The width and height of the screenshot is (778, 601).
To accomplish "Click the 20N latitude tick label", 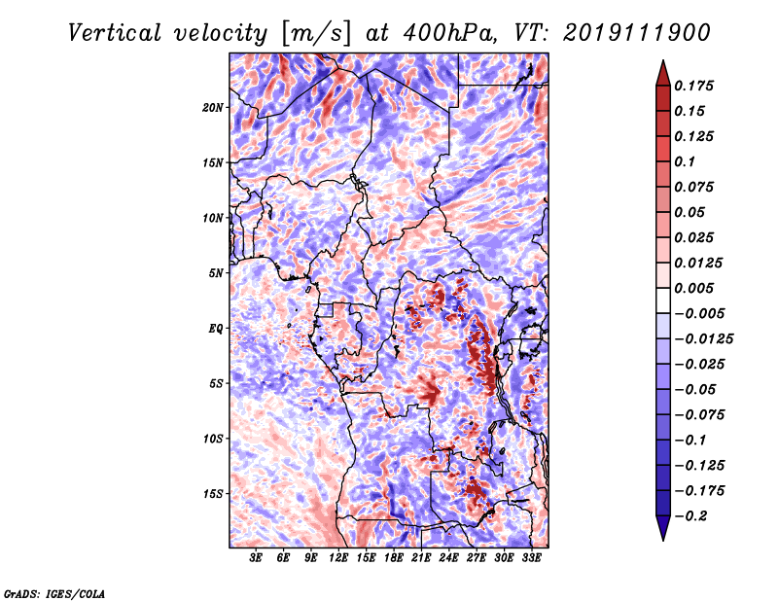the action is click(x=212, y=108).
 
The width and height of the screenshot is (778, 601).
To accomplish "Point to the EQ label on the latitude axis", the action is click(x=216, y=329).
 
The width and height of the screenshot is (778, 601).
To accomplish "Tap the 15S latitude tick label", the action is click(x=213, y=494).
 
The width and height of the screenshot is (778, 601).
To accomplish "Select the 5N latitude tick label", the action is click(x=216, y=273).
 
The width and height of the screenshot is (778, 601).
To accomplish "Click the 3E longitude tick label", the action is click(x=256, y=558).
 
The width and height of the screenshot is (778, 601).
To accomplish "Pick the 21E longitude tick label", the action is click(x=421, y=558).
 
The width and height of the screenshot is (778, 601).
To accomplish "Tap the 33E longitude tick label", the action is click(x=531, y=558).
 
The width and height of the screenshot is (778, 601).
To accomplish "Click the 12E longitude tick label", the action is click(x=337, y=558).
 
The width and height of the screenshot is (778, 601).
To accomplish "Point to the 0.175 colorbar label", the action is click(x=693, y=86).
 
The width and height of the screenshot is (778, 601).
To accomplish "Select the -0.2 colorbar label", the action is click(x=690, y=516).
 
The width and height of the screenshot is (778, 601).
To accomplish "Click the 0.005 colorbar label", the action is click(x=693, y=288).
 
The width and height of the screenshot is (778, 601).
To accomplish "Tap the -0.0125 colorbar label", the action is click(x=703, y=339).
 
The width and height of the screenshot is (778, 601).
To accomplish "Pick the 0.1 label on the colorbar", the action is click(x=685, y=161).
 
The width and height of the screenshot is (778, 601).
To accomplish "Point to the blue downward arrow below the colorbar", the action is click(x=663, y=528).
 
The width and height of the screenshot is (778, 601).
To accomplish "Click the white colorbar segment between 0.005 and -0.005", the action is click(x=663, y=300).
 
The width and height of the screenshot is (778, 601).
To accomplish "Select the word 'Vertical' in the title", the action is click(x=115, y=33).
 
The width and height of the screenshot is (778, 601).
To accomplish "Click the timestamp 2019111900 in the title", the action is click(x=637, y=33).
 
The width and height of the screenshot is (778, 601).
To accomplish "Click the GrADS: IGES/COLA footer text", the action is click(x=54, y=593).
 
